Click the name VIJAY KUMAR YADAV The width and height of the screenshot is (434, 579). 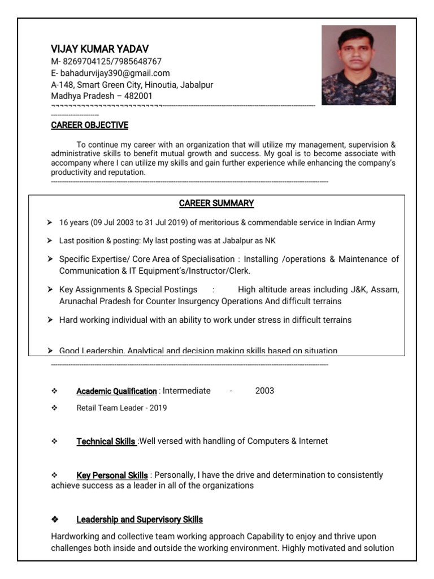point(100,49)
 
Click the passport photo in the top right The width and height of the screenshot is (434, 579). point(358,65)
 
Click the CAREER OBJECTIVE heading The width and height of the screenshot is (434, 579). point(89,125)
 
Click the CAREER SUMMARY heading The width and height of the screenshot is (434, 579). point(216,203)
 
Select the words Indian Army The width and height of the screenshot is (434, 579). point(354,223)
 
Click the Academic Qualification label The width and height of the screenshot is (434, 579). point(116,391)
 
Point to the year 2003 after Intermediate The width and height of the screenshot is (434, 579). point(264,391)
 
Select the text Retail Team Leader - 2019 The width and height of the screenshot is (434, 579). point(121,408)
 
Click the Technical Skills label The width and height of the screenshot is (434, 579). point(106,442)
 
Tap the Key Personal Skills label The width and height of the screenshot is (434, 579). point(112,476)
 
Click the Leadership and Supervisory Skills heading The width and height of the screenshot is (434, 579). point(140,520)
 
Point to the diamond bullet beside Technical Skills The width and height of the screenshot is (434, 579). point(55,442)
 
